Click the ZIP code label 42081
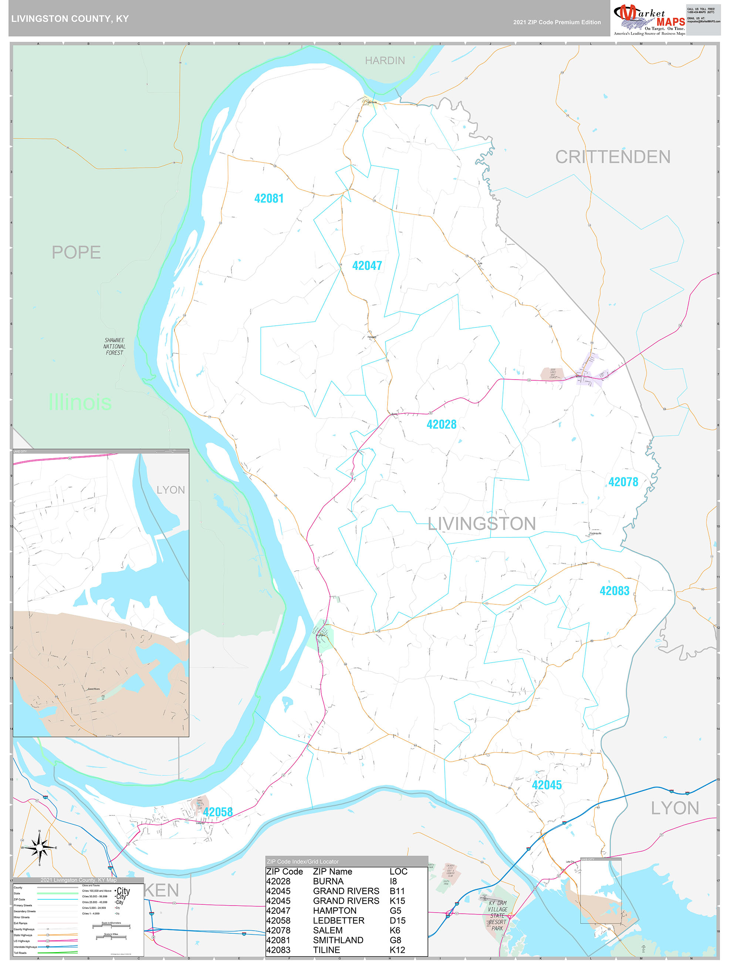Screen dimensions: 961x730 [269, 198]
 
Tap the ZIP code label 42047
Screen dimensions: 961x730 [366, 265]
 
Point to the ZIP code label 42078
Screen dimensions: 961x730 [623, 482]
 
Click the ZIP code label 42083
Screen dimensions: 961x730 [614, 591]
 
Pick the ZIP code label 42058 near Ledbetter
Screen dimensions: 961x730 [217, 812]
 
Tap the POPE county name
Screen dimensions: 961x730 [76, 252]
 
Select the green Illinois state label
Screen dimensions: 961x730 [80, 402]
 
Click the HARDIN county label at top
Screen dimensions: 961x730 [384, 60]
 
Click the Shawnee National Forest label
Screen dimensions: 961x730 [114, 346]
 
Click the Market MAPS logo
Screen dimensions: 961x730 [649, 19]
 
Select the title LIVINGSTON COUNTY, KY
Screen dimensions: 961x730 [70, 19]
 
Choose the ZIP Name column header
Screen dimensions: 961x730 [332, 872]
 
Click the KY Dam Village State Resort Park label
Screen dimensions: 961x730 [497, 916]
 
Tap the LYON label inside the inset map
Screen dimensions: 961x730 [170, 490]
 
